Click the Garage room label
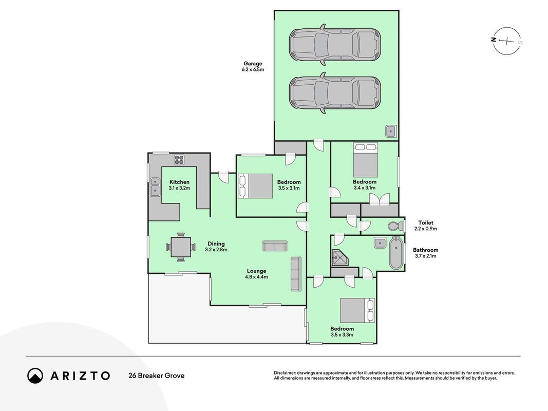tap(253, 64)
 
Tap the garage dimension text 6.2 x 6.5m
tap(253, 69)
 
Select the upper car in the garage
tap(335, 44)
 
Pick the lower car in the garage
tap(335, 93)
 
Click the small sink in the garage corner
tap(391, 131)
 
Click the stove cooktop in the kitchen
tap(179, 160)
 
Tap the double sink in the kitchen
tap(155, 186)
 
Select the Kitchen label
tap(179, 182)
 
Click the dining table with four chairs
tap(181, 247)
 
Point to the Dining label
tap(216, 244)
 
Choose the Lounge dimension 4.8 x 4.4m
tap(256, 277)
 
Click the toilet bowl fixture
tap(395, 226)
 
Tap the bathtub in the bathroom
tap(396, 253)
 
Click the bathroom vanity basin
tap(380, 242)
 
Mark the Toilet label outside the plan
tap(426, 222)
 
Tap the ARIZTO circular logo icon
tap(35, 376)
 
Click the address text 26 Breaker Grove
tap(157, 376)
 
